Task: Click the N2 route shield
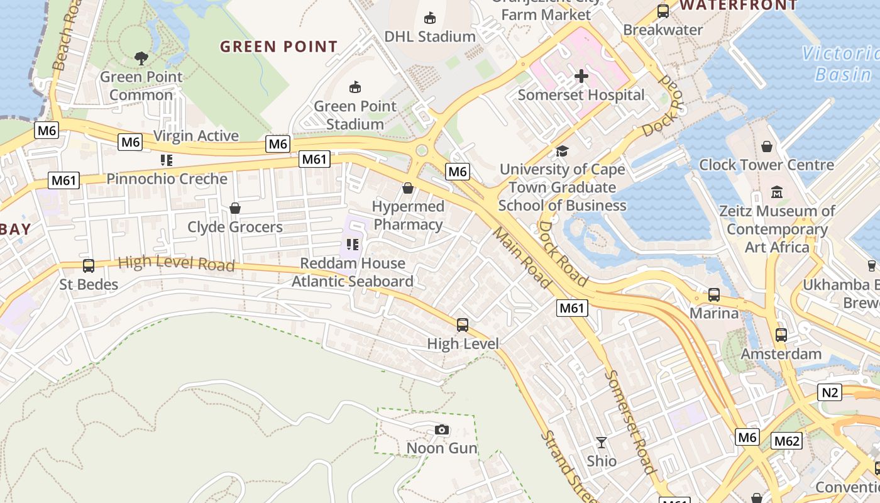click(830, 393)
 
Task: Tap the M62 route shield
click(786, 441)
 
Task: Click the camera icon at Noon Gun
click(442, 429)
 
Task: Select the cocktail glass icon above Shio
click(602, 443)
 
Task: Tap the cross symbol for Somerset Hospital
click(581, 77)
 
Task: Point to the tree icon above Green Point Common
click(141, 58)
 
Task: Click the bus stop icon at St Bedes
click(89, 266)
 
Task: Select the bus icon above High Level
click(463, 325)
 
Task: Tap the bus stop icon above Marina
click(714, 294)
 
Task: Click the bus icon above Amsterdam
click(781, 335)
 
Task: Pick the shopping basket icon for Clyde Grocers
click(235, 208)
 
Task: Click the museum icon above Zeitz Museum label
click(777, 192)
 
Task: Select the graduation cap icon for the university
click(562, 152)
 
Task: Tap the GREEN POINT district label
click(278, 47)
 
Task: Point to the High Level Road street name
click(176, 263)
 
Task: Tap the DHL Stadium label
click(430, 36)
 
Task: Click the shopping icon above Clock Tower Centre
click(767, 146)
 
